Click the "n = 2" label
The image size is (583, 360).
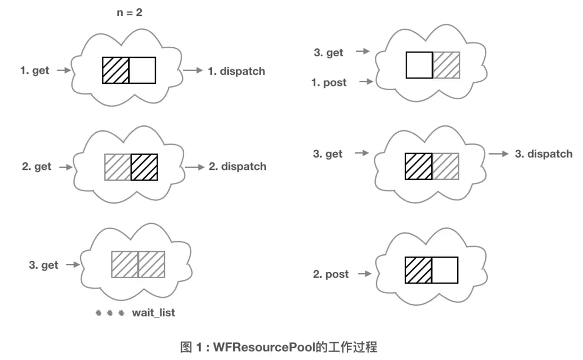[130, 12]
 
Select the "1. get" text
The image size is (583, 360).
[35, 71]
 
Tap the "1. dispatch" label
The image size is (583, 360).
[236, 71]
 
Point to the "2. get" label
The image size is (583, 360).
[37, 167]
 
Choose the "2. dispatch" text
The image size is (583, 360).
[237, 167]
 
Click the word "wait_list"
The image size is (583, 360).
[153, 313]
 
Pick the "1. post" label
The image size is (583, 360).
[329, 82]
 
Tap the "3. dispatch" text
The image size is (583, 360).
[544, 154]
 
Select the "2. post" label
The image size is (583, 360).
[331, 274]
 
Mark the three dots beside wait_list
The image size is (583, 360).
[109, 313]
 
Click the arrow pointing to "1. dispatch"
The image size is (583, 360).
[193, 70]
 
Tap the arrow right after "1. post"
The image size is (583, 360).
[366, 82]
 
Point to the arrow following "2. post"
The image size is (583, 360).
[365, 274]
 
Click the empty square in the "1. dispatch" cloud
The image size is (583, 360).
[142, 70]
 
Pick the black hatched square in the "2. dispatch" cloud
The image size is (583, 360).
[144, 167]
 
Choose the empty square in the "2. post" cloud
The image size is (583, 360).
[444, 270]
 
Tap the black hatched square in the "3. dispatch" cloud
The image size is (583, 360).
[418, 166]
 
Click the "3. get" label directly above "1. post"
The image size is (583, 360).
[329, 53]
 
